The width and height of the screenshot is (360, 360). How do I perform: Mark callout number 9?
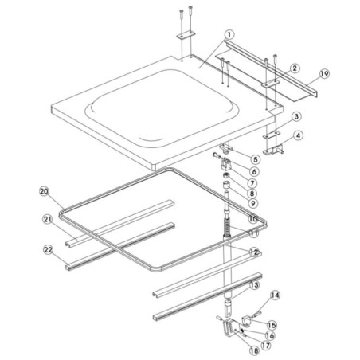pos(252,205)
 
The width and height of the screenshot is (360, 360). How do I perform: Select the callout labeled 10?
pos(252,217)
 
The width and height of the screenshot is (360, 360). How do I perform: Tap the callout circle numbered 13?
pos(254,284)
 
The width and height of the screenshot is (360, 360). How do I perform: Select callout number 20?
pos(45,190)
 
